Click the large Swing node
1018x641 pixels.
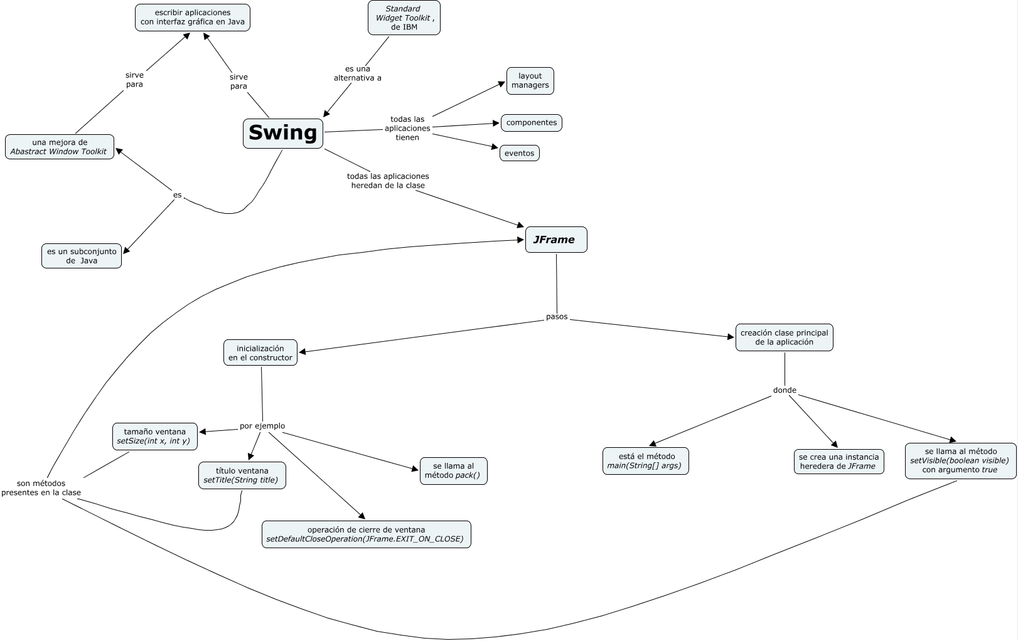283,133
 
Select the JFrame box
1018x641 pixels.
555,240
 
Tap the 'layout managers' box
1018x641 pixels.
530,81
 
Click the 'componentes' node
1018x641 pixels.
531,123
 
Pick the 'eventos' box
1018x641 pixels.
519,153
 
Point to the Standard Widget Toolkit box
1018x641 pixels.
404,18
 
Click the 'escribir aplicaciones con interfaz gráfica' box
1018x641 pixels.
193,18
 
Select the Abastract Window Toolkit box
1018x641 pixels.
60,147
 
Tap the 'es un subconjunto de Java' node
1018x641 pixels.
82,256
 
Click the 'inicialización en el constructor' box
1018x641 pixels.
260,352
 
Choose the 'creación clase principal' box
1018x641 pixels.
784,337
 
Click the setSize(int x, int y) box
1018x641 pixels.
155,437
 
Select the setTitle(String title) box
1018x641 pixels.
242,475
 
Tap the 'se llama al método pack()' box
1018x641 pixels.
453,470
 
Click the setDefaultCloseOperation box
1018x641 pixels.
366,534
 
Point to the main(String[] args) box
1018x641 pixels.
645,461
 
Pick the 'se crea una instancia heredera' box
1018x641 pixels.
839,462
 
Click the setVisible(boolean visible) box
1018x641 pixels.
960,460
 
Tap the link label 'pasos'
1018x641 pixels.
557,317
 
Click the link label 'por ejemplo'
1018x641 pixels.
262,426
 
